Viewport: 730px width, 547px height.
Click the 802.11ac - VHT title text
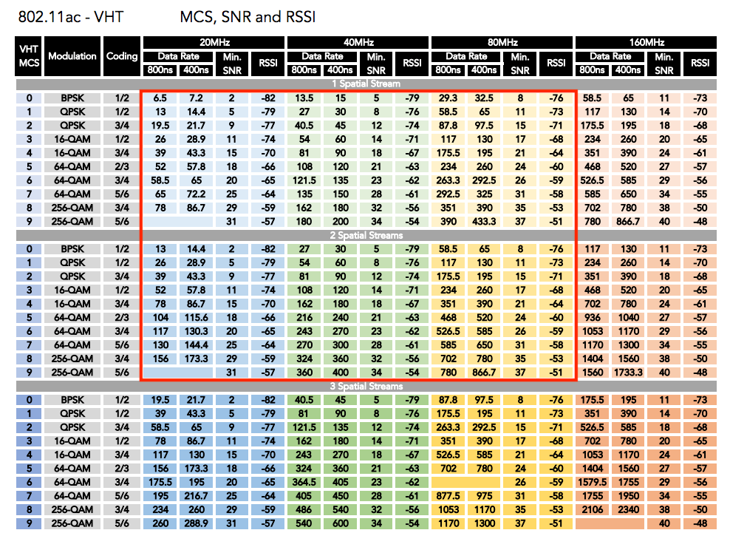[x=70, y=16]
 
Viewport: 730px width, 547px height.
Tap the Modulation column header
[x=72, y=56]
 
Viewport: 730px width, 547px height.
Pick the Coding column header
[x=122, y=56]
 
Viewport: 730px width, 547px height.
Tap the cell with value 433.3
[x=484, y=222]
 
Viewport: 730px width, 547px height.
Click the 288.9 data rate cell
[x=196, y=524]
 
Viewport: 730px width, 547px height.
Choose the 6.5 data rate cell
[x=160, y=98]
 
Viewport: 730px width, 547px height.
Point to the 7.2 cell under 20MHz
[x=196, y=98]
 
